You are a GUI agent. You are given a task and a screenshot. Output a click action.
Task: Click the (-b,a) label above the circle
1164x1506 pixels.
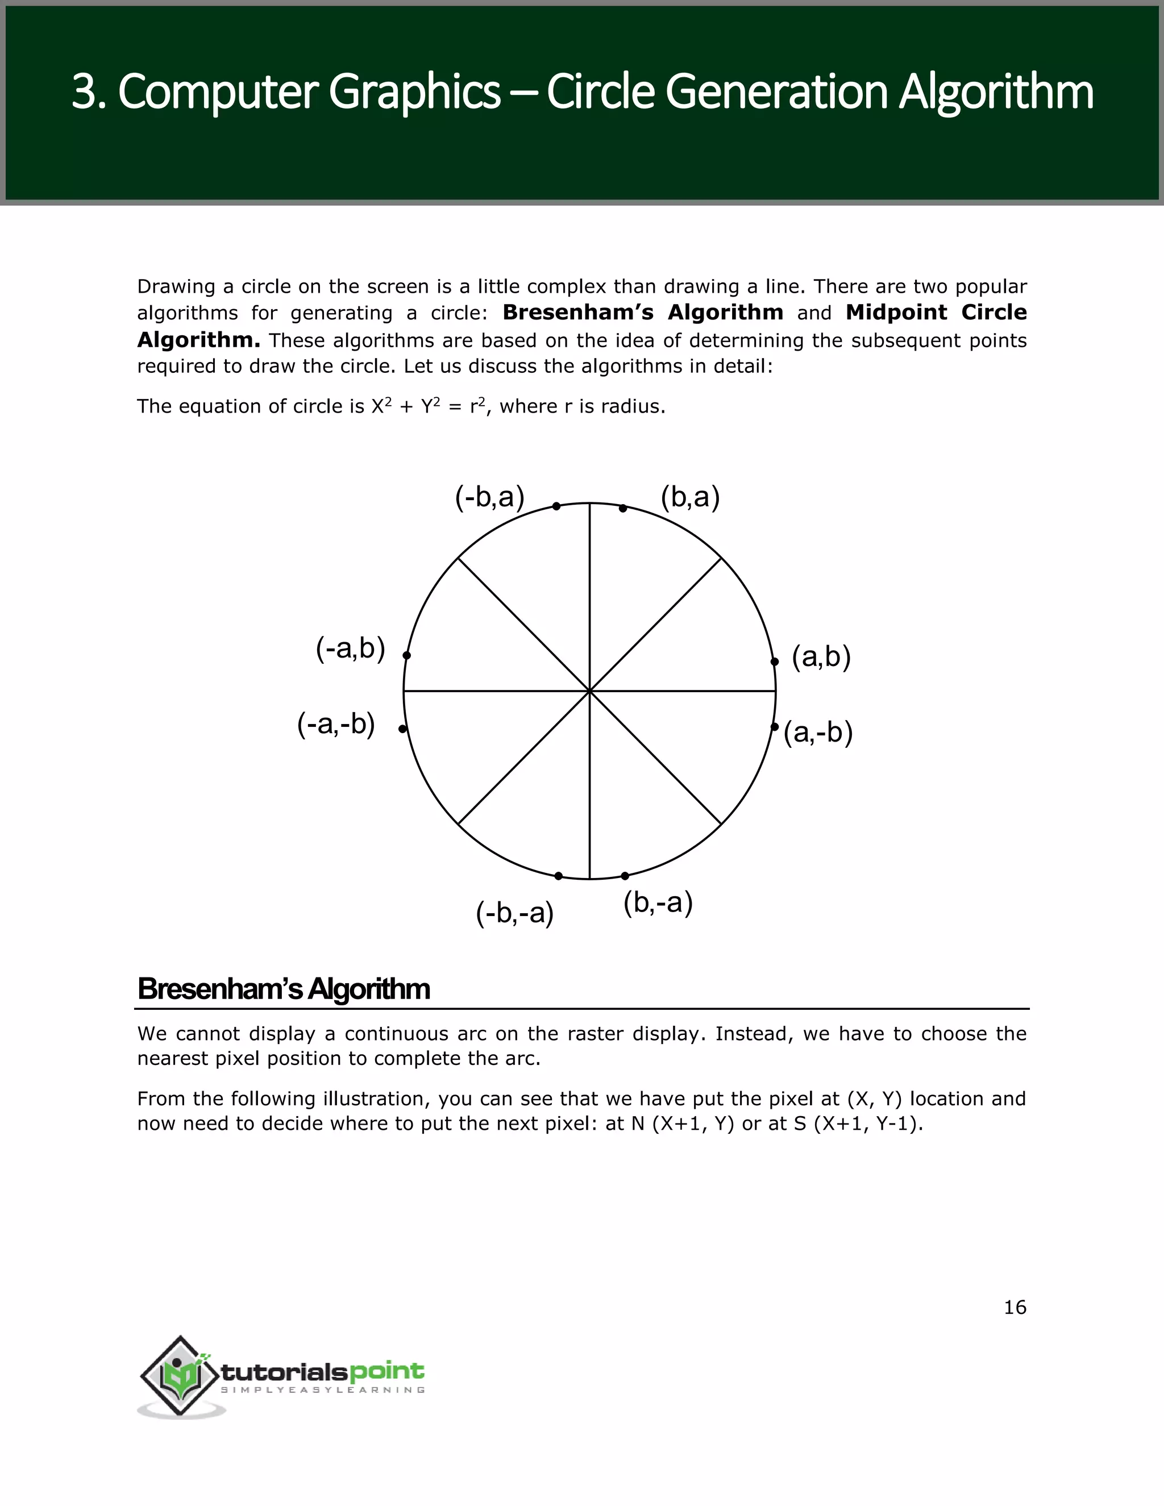(489, 497)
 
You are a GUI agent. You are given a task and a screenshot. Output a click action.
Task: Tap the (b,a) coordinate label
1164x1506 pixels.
(689, 497)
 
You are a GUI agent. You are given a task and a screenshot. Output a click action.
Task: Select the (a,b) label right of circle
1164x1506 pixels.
(821, 657)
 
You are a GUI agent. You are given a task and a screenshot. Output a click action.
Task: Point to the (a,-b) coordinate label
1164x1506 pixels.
(818, 733)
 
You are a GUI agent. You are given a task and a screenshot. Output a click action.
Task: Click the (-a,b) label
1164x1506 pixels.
(350, 649)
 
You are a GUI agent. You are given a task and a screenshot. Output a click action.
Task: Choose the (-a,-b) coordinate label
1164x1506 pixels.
(336, 724)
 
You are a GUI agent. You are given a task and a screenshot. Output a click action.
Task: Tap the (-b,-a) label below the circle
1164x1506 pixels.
(514, 913)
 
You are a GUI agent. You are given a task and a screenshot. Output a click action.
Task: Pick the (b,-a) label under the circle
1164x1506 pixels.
(657, 902)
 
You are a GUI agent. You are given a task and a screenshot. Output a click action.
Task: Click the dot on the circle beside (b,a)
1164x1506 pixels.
(623, 508)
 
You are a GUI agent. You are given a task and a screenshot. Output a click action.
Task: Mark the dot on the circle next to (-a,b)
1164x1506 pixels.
(407, 655)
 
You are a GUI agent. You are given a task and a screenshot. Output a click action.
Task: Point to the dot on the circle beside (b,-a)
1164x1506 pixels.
(625, 876)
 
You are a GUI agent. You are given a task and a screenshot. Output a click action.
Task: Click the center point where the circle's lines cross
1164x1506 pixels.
(589, 690)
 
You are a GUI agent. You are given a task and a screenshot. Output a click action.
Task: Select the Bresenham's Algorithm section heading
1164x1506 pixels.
(284, 989)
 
